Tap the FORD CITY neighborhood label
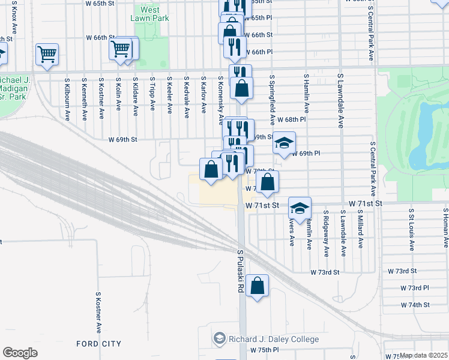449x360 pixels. pyautogui.click(x=98, y=344)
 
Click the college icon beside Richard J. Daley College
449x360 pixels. pyautogui.click(x=219, y=339)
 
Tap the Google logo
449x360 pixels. pyautogui.click(x=20, y=352)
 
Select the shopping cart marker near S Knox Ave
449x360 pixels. pyautogui.click(x=47, y=54)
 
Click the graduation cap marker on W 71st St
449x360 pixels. pyautogui.click(x=300, y=208)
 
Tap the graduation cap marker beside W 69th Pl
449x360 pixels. pyautogui.click(x=285, y=142)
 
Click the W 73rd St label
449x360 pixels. pyautogui.click(x=325, y=272)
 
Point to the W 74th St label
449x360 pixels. pyautogui.click(x=415, y=305)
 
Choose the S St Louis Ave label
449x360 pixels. pyautogui.click(x=412, y=228)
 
